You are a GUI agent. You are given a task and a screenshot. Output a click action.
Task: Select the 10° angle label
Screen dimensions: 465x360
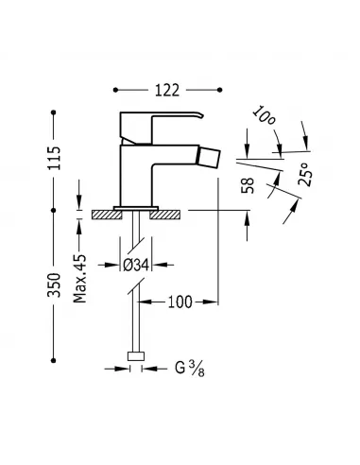pos(266,123)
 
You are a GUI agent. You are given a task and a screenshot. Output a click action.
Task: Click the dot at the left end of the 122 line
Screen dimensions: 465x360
pos(116,90)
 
